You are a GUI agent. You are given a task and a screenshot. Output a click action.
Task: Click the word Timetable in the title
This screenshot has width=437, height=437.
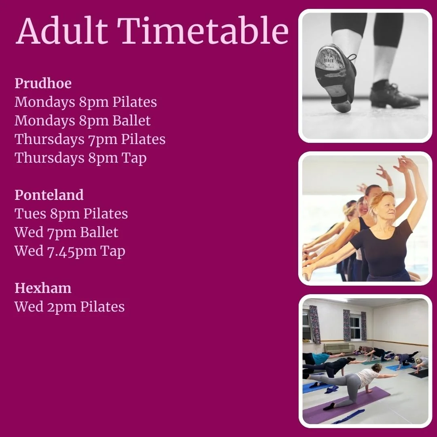click(204, 32)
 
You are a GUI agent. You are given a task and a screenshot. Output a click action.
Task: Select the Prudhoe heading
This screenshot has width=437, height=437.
click(43, 83)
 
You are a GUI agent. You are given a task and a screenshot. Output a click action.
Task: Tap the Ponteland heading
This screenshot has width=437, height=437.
click(49, 195)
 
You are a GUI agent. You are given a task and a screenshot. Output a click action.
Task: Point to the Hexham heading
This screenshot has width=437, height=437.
click(43, 288)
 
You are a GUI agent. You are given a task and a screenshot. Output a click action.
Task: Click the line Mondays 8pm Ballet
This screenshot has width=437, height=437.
click(83, 121)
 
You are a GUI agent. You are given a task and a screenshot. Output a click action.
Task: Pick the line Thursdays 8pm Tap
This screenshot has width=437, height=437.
click(81, 158)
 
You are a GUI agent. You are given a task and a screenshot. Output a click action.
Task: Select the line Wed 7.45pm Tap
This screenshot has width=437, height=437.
click(70, 251)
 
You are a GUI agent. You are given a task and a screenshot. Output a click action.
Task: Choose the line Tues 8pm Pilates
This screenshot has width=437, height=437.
click(71, 214)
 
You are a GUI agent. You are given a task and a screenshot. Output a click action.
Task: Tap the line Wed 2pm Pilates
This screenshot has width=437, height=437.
click(70, 307)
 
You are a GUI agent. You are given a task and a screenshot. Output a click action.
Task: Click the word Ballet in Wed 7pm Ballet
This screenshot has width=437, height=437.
click(99, 232)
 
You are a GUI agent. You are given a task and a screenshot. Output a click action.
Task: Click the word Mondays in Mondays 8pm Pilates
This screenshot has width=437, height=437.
click(45, 102)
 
